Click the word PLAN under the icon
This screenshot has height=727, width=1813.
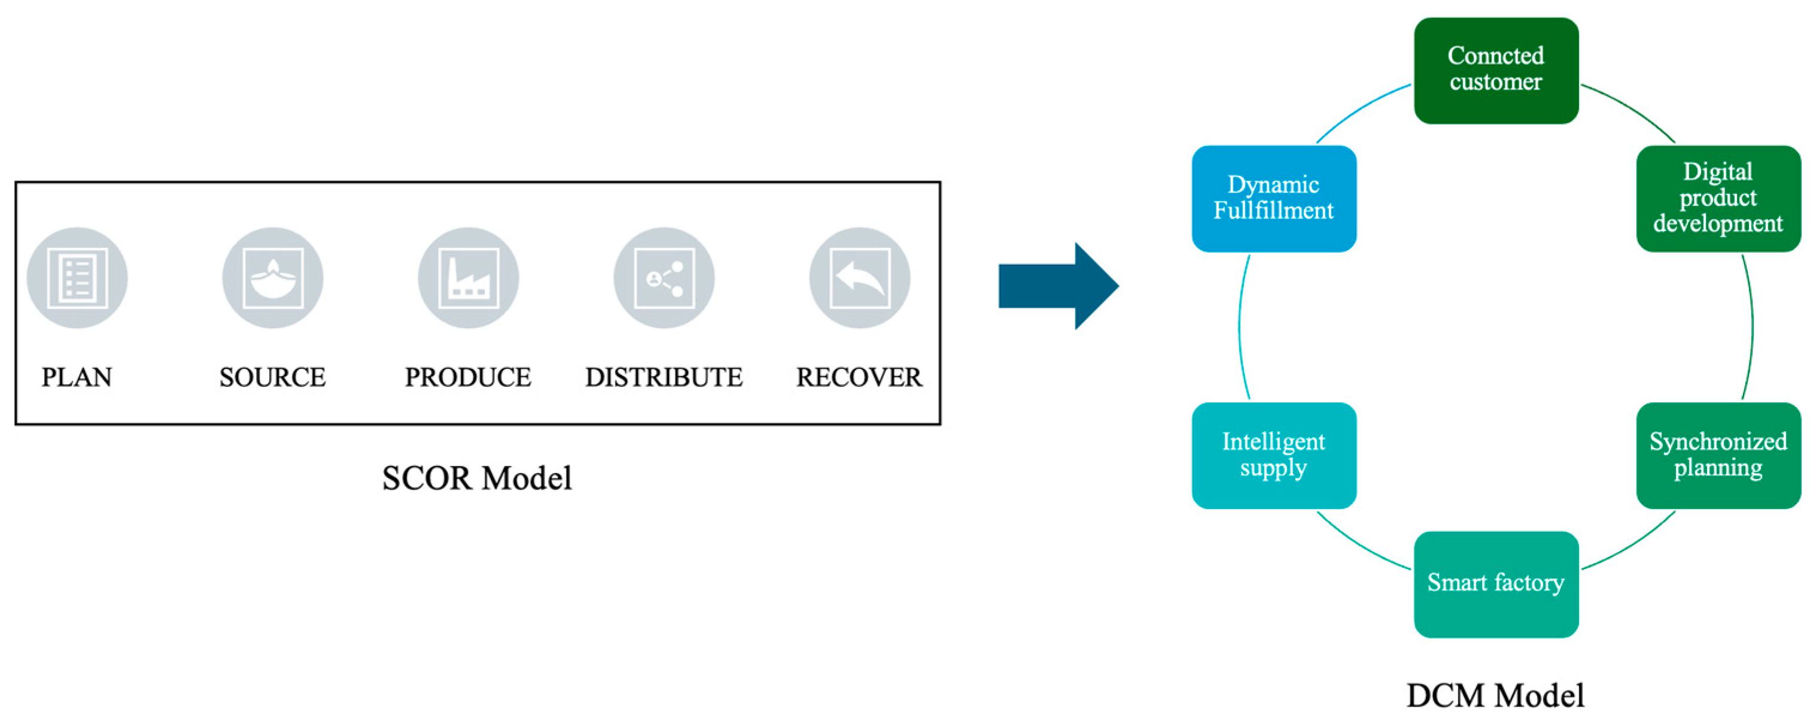(x=77, y=378)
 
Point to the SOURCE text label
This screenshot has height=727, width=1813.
(x=272, y=378)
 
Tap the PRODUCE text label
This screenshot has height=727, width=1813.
(x=468, y=378)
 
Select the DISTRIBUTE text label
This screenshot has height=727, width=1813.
(x=664, y=378)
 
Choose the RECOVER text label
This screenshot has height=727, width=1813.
(x=859, y=378)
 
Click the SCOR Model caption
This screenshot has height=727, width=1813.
(x=476, y=478)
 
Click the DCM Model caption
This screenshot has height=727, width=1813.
(x=1496, y=696)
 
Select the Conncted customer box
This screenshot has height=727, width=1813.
(x=1496, y=71)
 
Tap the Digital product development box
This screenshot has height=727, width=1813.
(x=1718, y=199)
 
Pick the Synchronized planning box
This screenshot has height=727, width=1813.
(x=1718, y=455)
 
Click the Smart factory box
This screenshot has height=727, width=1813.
(x=1496, y=584)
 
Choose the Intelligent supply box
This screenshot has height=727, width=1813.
(x=1274, y=455)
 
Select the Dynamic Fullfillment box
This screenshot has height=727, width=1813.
(x=1274, y=199)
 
